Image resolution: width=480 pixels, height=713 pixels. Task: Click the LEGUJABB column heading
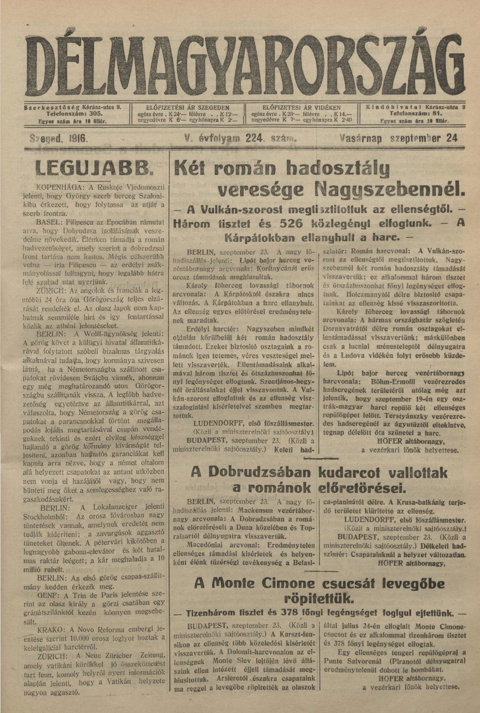click(x=93, y=168)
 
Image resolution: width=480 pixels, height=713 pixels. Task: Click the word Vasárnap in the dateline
click(x=362, y=138)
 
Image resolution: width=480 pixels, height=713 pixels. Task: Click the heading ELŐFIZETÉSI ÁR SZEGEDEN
click(x=188, y=107)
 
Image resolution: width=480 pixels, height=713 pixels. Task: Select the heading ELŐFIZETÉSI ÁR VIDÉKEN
click(x=302, y=107)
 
